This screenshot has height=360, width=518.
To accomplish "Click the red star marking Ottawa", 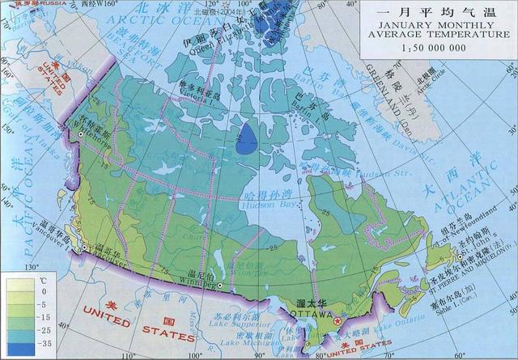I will click(338, 321).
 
